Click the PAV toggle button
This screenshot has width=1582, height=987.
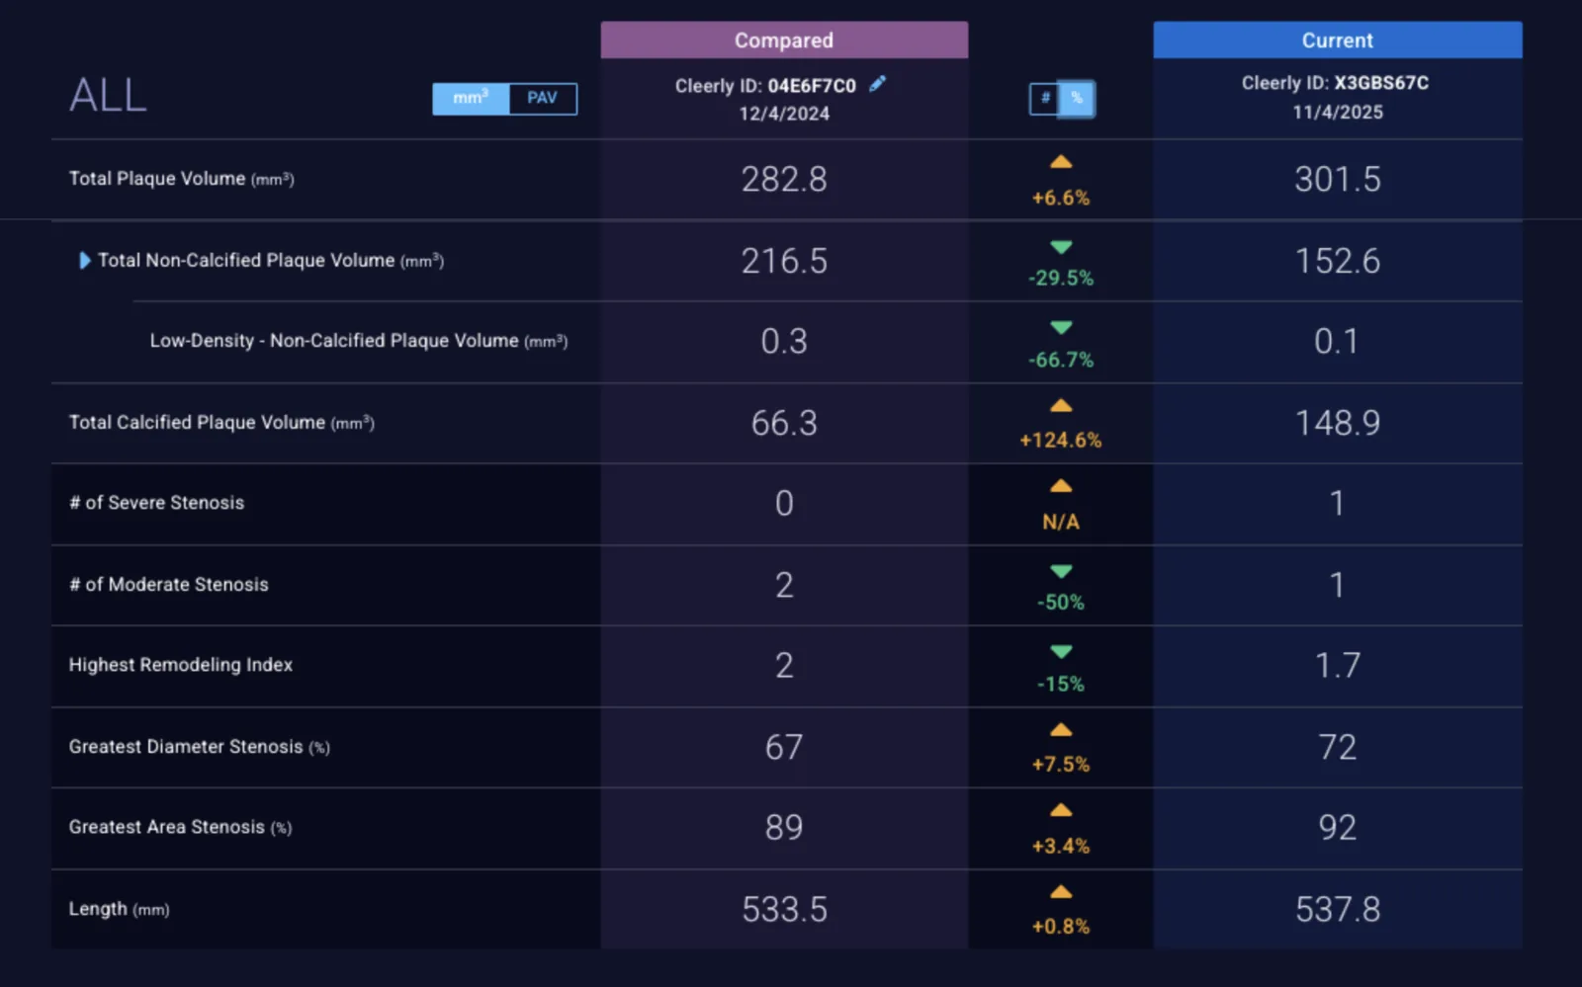(x=543, y=98)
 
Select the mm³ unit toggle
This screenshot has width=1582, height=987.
(x=471, y=98)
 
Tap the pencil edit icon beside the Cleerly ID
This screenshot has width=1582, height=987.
(x=877, y=84)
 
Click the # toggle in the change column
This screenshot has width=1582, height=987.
(x=1044, y=98)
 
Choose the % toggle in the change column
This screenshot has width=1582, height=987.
(x=1077, y=98)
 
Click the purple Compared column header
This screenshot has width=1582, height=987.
(x=784, y=40)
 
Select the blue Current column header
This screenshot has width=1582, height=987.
(x=1338, y=40)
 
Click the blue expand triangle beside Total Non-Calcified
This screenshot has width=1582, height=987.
(x=85, y=260)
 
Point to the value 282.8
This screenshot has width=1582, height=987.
(x=784, y=179)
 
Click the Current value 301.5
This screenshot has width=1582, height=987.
(x=1338, y=179)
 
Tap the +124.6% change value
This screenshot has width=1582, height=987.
(x=1060, y=441)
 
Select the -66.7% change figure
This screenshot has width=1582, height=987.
(x=1060, y=360)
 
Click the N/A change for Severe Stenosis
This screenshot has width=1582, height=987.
(x=1060, y=522)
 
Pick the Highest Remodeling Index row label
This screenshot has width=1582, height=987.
(x=180, y=665)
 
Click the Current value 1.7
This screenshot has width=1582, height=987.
(x=1338, y=665)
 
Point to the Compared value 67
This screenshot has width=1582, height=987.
(x=784, y=747)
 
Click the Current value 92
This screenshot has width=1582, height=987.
(x=1338, y=828)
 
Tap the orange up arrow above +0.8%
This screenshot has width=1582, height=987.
(x=1061, y=892)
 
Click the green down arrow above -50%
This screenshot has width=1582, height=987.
(x=1061, y=571)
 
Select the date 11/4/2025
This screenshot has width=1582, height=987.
(x=1338, y=113)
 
